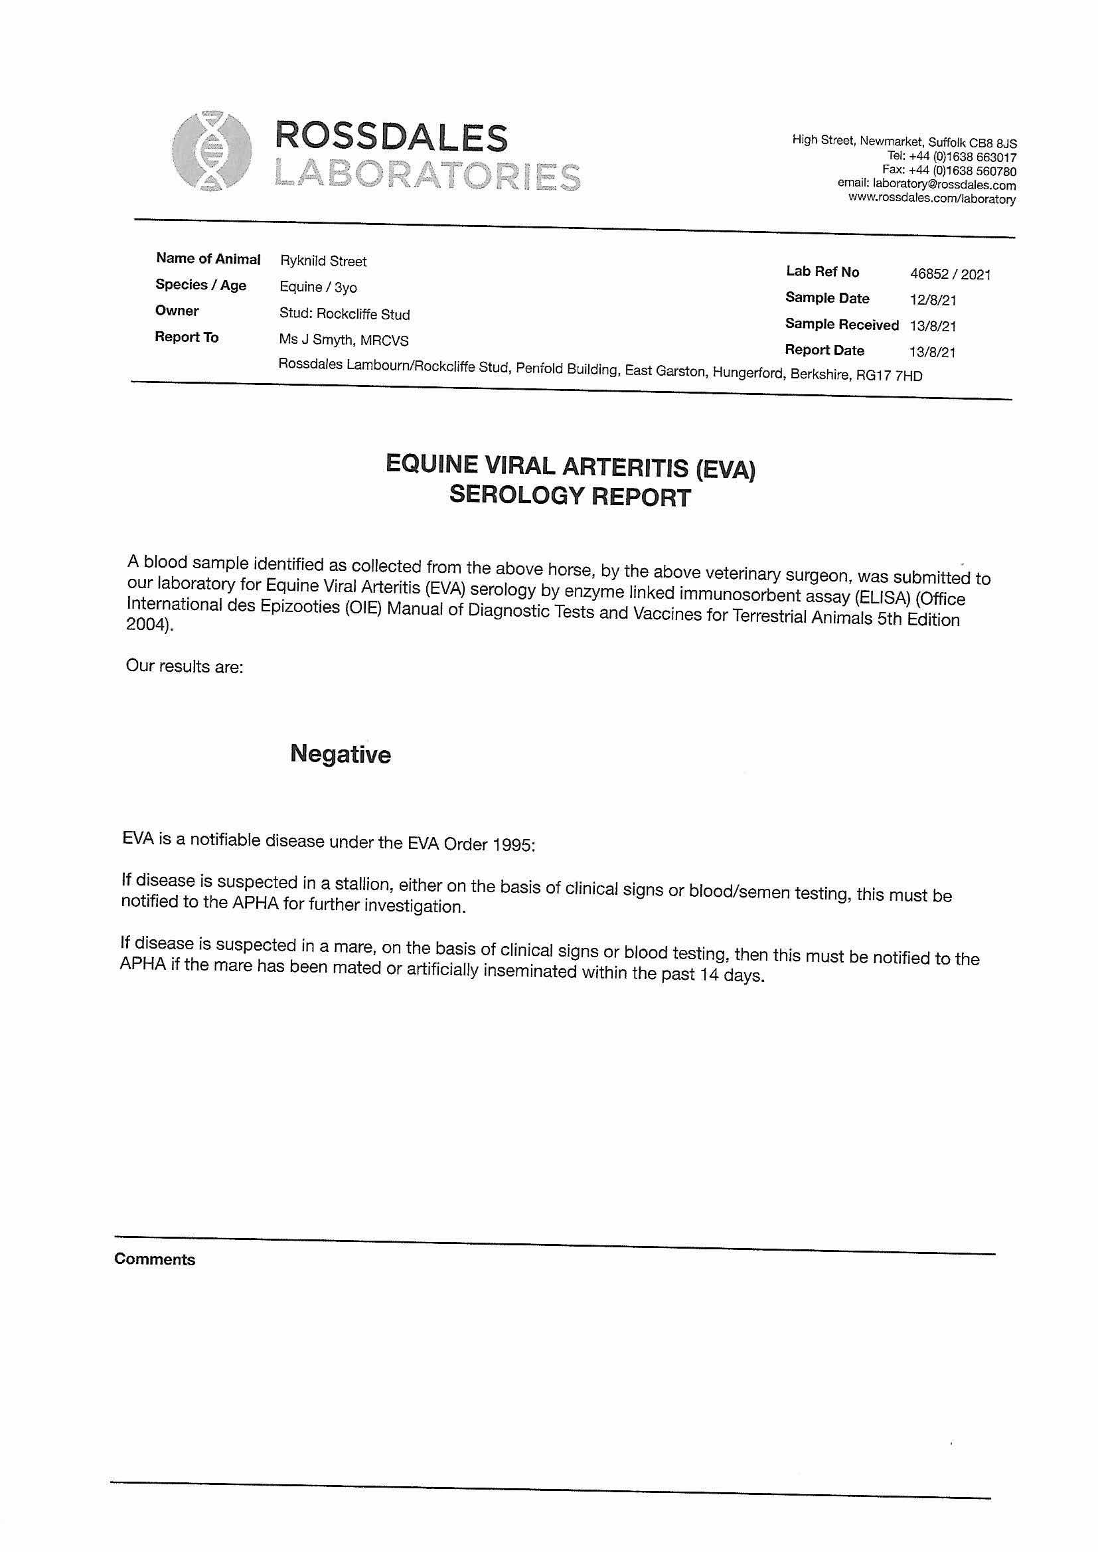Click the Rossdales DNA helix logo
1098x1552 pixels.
pyautogui.click(x=212, y=151)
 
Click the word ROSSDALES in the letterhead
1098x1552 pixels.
pyautogui.click(x=392, y=138)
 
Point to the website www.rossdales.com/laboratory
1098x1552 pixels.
pyautogui.click(x=931, y=198)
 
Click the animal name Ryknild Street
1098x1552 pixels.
pyautogui.click(x=323, y=262)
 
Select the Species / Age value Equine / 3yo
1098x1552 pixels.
pyautogui.click(x=318, y=287)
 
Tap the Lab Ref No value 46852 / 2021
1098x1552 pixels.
pyautogui.click(x=950, y=273)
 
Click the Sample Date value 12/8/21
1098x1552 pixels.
pyautogui.click(x=932, y=300)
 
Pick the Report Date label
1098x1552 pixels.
pyautogui.click(x=824, y=350)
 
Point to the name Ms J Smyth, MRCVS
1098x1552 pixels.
pyautogui.click(x=343, y=340)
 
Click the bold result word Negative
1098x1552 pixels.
pyautogui.click(x=340, y=753)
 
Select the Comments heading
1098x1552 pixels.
pyautogui.click(x=155, y=1259)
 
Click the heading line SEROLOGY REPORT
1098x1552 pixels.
pyautogui.click(x=570, y=496)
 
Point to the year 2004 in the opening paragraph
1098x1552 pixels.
pyautogui.click(x=147, y=625)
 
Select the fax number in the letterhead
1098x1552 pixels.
pyautogui.click(x=949, y=171)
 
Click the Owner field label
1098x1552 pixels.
pyautogui.click(x=177, y=311)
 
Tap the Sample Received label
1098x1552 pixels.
pyautogui.click(x=841, y=325)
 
